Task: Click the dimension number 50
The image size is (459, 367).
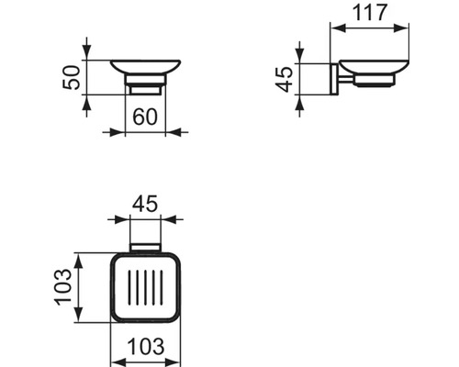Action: point(71,77)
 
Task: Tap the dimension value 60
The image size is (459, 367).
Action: point(145,117)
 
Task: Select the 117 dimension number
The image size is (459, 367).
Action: point(370,12)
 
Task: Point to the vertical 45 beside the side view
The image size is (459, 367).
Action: point(284,80)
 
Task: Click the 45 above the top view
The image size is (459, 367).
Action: point(145,204)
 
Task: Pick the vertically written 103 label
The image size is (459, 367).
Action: point(62,286)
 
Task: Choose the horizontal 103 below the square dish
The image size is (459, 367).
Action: point(146,347)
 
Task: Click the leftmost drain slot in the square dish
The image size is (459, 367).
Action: point(129,288)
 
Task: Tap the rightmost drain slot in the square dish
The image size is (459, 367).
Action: point(162,288)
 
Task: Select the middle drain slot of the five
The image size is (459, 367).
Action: point(145,288)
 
